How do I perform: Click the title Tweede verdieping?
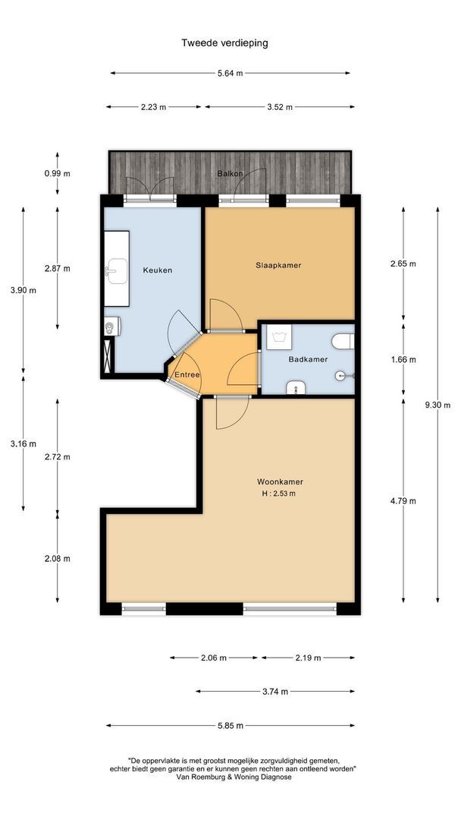[x=224, y=43]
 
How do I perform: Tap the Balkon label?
[x=230, y=173]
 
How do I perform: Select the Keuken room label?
[x=158, y=270]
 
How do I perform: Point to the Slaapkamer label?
[x=278, y=265]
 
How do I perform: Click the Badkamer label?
[x=308, y=359]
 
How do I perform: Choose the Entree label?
[x=187, y=374]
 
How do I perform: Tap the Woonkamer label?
[x=280, y=481]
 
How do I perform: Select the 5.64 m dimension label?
[x=230, y=73]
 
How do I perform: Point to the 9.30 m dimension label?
[x=437, y=405]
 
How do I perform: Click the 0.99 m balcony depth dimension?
[x=58, y=173]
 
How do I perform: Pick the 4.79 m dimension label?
[x=403, y=501]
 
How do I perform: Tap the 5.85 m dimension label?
[x=230, y=725]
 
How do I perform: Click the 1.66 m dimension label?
[x=403, y=359]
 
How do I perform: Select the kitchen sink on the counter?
[x=117, y=271]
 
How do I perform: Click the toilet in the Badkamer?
[x=343, y=342]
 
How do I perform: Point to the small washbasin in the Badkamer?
[x=295, y=387]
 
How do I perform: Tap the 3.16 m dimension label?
[x=24, y=444]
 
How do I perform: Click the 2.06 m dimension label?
[x=214, y=658]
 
